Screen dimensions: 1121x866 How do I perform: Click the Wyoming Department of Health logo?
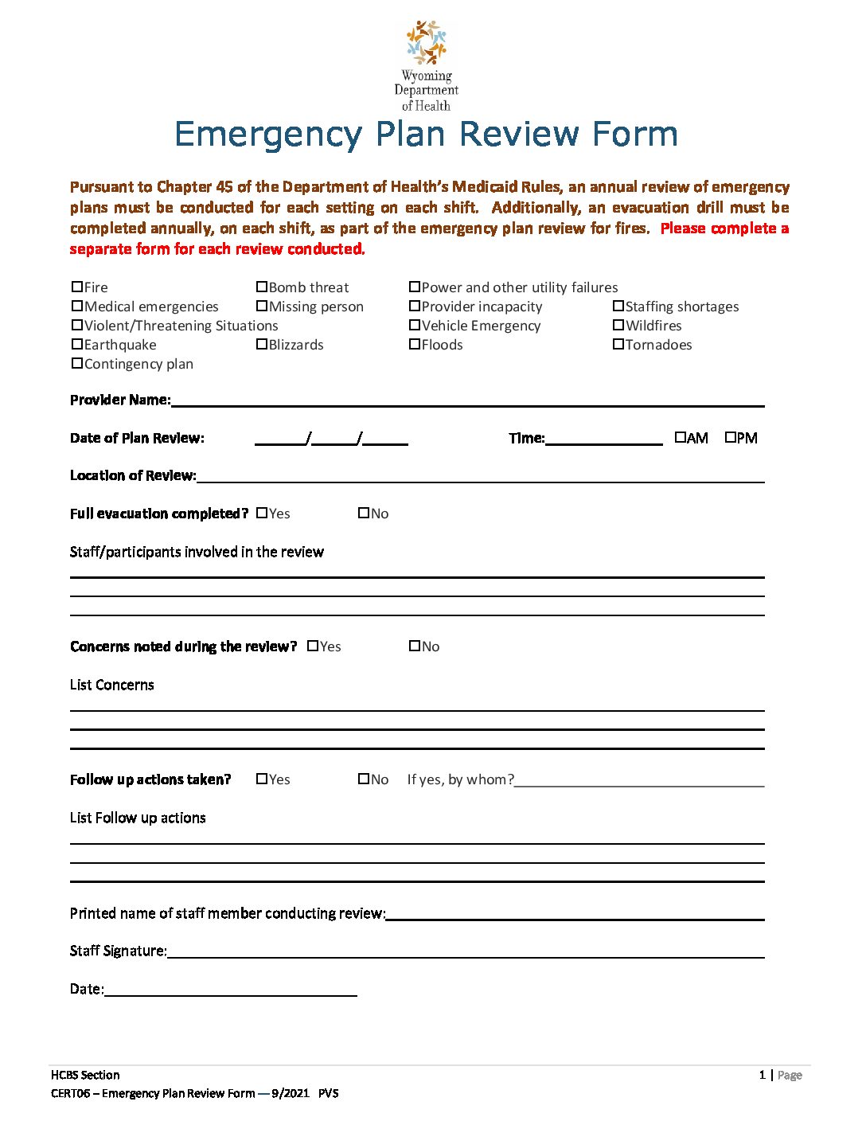427,65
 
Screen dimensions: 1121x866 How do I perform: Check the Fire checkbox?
77,287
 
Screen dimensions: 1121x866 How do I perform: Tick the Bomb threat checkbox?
262,287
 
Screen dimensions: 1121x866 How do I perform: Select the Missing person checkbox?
262,306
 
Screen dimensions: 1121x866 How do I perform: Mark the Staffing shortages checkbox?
618,306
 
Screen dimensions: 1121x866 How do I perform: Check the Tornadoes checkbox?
618,344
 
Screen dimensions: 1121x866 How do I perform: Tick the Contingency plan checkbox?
77,363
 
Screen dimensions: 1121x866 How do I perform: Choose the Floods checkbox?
415,344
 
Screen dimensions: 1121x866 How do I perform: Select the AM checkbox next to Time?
680,437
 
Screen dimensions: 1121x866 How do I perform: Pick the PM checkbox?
731,437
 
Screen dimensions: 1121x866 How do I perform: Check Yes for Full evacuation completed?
262,513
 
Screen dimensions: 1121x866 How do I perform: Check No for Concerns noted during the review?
415,646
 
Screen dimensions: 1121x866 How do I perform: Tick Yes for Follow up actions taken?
262,779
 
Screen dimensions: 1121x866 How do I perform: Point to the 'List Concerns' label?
112,685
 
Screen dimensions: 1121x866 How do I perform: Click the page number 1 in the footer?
762,1075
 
